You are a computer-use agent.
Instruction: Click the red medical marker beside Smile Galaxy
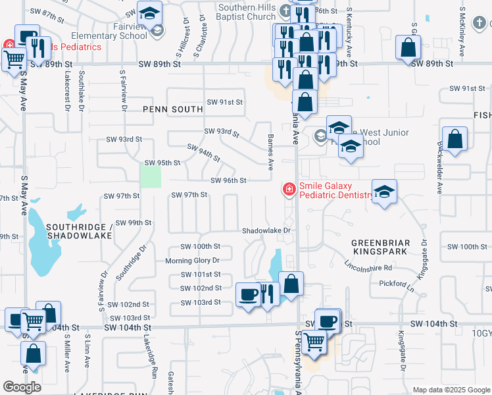click(x=288, y=190)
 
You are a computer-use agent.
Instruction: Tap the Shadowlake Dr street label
click(x=266, y=231)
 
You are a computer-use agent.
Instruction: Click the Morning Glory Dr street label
click(x=191, y=261)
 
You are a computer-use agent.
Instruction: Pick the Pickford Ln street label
click(x=394, y=283)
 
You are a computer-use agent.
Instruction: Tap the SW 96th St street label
click(x=228, y=180)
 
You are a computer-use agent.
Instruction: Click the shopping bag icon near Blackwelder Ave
click(x=455, y=139)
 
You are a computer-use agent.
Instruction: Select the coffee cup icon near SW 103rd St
click(x=249, y=294)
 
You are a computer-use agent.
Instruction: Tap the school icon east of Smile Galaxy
click(x=385, y=192)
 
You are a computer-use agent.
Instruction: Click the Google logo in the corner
click(x=22, y=387)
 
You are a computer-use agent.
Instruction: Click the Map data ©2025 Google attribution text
click(x=451, y=390)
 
